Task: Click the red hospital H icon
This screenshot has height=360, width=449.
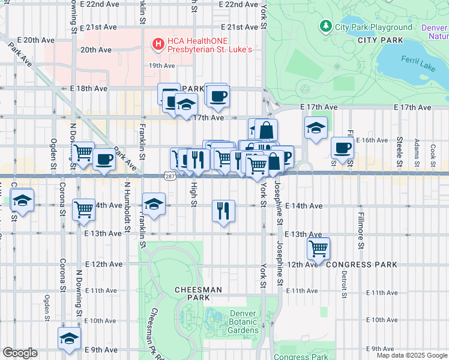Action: [158, 43]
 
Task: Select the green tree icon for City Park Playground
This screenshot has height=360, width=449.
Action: [325, 26]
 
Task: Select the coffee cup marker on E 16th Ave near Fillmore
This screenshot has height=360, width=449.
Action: [342, 148]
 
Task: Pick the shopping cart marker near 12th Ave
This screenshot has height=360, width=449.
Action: [318, 248]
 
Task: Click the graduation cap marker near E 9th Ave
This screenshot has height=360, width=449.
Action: [70, 338]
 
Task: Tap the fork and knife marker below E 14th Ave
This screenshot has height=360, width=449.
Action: [223, 211]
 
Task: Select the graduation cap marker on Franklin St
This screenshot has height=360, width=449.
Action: [154, 204]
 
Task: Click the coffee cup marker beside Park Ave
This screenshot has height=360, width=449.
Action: [104, 159]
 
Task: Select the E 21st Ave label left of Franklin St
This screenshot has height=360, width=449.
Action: [101, 27]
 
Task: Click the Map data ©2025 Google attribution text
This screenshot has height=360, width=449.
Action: [412, 355]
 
